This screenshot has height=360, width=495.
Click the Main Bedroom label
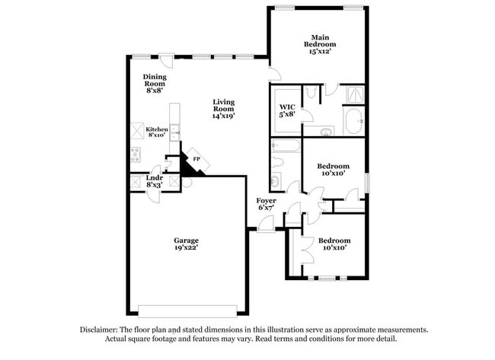[320, 44]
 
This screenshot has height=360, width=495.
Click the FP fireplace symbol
[196, 159]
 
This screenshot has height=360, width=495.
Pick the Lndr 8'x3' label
[155, 181]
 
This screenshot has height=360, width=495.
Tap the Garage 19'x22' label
[187, 244]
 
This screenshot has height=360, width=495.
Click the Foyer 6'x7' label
[266, 203]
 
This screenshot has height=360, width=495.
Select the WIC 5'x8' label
[287, 110]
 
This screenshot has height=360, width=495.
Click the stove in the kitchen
[136, 155]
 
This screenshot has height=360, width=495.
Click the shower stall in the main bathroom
[354, 94]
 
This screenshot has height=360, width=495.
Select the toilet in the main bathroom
[311, 94]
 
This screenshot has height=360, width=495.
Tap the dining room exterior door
[166, 59]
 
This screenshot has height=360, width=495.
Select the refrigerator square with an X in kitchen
[137, 129]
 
